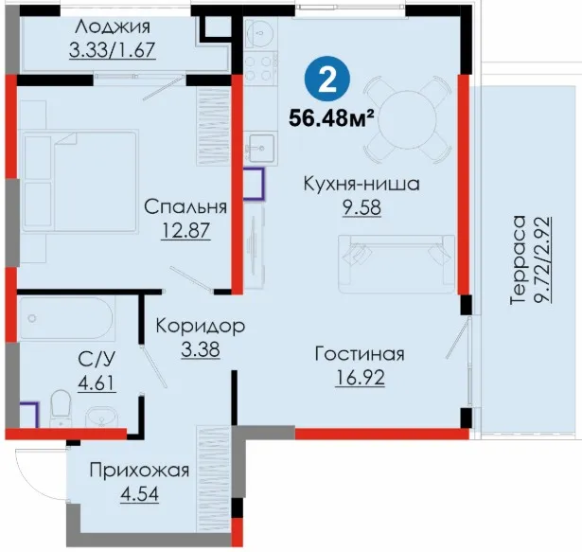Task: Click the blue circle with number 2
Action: point(327,79)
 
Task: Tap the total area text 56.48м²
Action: point(331,118)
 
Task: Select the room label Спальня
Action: point(185,206)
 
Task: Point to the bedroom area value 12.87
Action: point(185,230)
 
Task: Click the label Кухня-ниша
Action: point(362,184)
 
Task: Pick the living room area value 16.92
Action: point(360,378)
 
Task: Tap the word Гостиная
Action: point(360,353)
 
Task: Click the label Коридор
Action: point(201,326)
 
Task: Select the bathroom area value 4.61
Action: point(97,383)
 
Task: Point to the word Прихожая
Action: point(139,471)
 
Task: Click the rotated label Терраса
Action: point(519,259)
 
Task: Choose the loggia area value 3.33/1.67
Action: point(112,50)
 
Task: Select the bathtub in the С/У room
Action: point(66,318)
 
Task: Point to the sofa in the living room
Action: point(397,264)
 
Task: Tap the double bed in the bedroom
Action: point(80,181)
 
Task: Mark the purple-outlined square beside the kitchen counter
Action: point(255,184)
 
